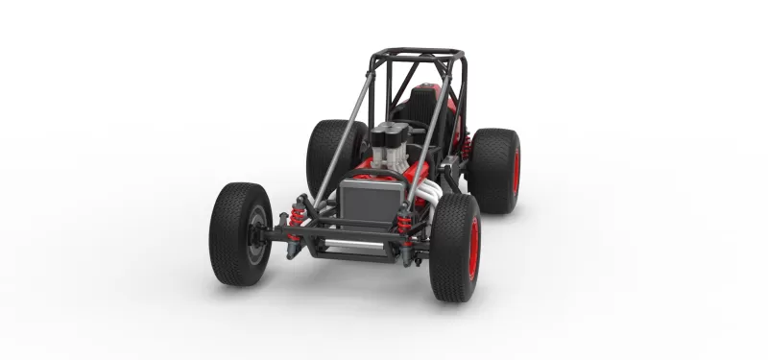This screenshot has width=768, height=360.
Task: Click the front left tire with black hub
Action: point(239,233)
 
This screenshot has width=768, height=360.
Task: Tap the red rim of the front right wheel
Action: point(473,249)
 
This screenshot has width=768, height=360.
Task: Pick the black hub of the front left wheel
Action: point(254,234)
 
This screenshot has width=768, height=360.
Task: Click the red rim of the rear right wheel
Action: point(516,171)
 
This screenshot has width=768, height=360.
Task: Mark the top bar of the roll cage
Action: point(418,53)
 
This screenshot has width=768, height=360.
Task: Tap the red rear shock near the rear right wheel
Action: point(467,146)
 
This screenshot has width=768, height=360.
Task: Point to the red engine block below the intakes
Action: point(384,173)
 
